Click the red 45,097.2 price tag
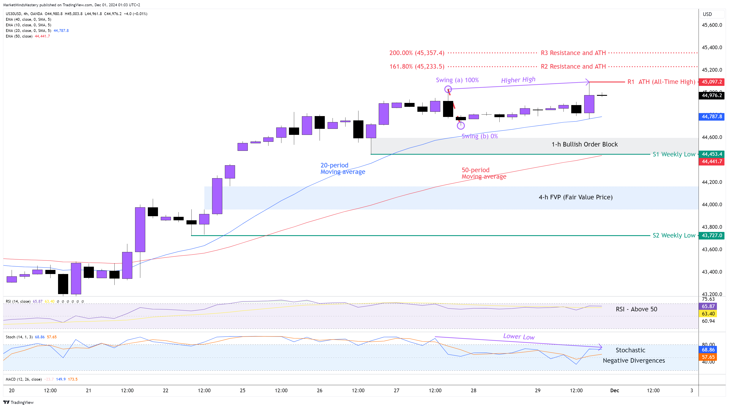712,82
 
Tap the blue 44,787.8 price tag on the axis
712,117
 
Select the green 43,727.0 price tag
712,235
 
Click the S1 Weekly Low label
674,154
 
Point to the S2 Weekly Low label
674,235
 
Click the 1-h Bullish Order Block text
584,144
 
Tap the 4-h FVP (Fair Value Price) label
575,197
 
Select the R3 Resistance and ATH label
573,53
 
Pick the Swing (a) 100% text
457,80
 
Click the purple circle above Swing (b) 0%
461,125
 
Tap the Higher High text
518,80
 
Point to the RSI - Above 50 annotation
636,309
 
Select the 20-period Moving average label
342,168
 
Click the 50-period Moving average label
484,173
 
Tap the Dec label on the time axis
614,391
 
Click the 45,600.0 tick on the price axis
712,25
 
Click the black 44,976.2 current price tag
712,95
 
